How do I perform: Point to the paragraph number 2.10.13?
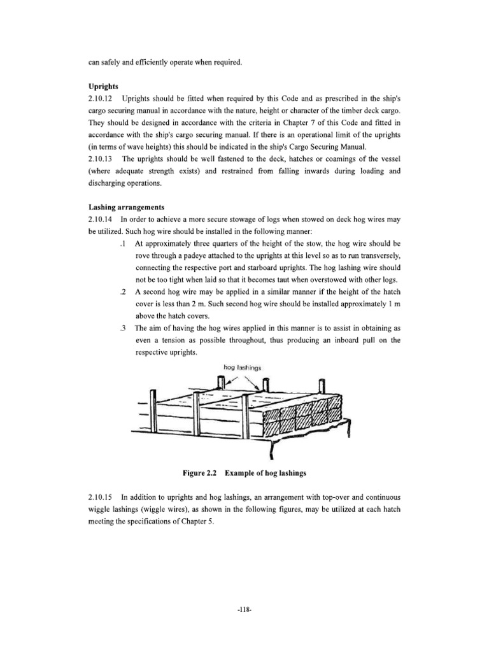[103, 158]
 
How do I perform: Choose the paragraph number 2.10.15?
[103, 493]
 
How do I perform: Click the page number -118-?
[244, 609]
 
